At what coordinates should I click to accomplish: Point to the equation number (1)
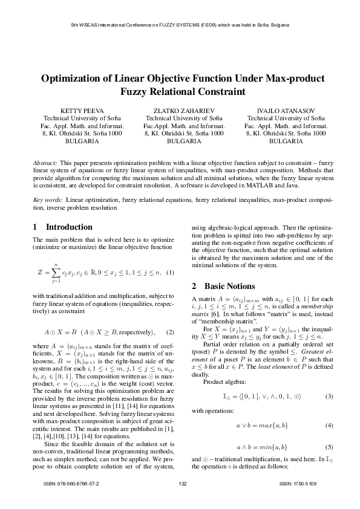170,272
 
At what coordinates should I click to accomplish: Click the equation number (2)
170,332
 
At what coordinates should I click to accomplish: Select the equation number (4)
330,425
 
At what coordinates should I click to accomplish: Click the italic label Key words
47,199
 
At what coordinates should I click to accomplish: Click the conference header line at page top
180,25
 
